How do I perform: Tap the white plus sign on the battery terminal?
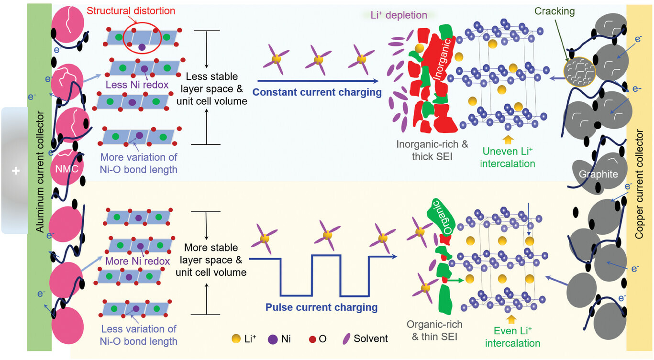[16, 170]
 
